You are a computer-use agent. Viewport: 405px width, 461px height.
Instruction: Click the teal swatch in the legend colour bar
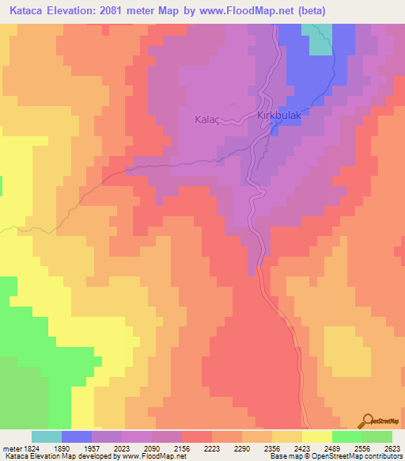click(x=47, y=436)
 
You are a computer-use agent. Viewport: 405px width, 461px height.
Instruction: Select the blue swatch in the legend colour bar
click(x=77, y=436)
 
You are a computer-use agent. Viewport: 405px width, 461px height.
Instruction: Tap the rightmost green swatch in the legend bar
click(x=377, y=436)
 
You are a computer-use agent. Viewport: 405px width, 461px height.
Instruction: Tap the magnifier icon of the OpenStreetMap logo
click(x=369, y=419)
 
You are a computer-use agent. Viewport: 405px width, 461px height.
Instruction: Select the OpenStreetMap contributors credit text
click(x=356, y=456)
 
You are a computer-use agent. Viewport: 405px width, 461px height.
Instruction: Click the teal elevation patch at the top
click(x=320, y=39)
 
